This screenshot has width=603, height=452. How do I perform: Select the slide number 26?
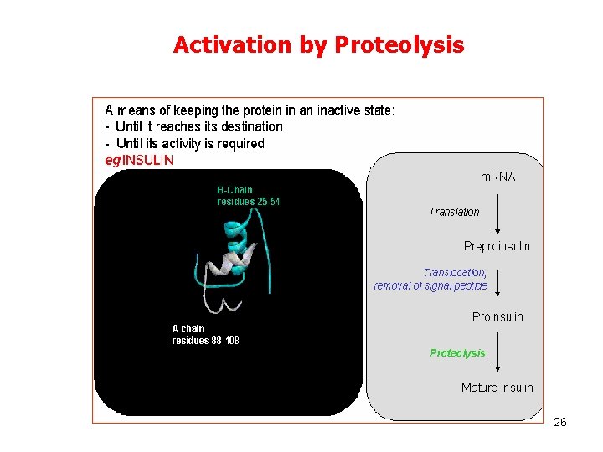pyautogui.click(x=560, y=422)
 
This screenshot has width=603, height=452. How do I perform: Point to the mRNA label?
pyautogui.click(x=498, y=177)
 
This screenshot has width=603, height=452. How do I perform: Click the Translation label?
pyautogui.click(x=455, y=212)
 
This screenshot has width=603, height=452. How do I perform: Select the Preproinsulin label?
pyautogui.click(x=497, y=246)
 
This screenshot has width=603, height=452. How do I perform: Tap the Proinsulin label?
pyautogui.click(x=497, y=317)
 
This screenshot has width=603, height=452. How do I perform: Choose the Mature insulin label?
pyautogui.click(x=497, y=388)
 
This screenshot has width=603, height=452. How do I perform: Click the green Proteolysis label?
pyautogui.click(x=457, y=353)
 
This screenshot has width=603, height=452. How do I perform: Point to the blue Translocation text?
pyautogui.click(x=455, y=272)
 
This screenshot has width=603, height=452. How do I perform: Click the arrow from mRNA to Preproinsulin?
pyautogui.click(x=499, y=213)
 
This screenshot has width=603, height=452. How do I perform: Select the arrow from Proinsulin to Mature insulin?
pyautogui.click(x=499, y=352)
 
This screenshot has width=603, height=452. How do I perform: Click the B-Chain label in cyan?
pyautogui.click(x=234, y=190)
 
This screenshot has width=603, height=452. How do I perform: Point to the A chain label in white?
pyautogui.click(x=188, y=329)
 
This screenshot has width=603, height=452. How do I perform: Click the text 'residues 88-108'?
pyautogui.click(x=205, y=341)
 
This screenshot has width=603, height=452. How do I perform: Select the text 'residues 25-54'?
pyautogui.click(x=248, y=202)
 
